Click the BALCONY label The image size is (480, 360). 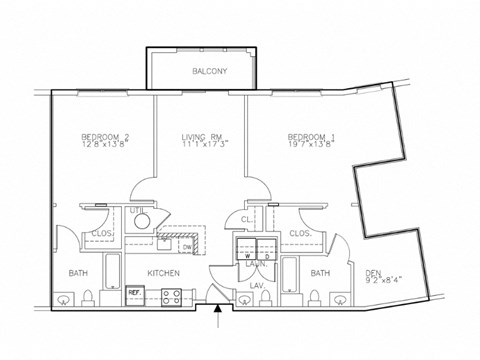pyautogui.click(x=210, y=72)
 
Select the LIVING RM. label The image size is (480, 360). pyautogui.click(x=201, y=136)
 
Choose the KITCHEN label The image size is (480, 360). pyautogui.click(x=164, y=273)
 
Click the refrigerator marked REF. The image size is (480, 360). pyautogui.click(x=135, y=294)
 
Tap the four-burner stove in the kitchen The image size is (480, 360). pyautogui.click(x=170, y=296)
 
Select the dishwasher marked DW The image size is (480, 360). pyautogui.click(x=187, y=245)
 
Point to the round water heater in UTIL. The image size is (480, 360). pyautogui.click(x=142, y=221)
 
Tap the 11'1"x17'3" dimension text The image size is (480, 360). pyautogui.click(x=201, y=146)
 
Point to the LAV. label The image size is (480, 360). pyautogui.click(x=256, y=287)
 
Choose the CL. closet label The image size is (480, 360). pyautogui.click(x=246, y=220)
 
